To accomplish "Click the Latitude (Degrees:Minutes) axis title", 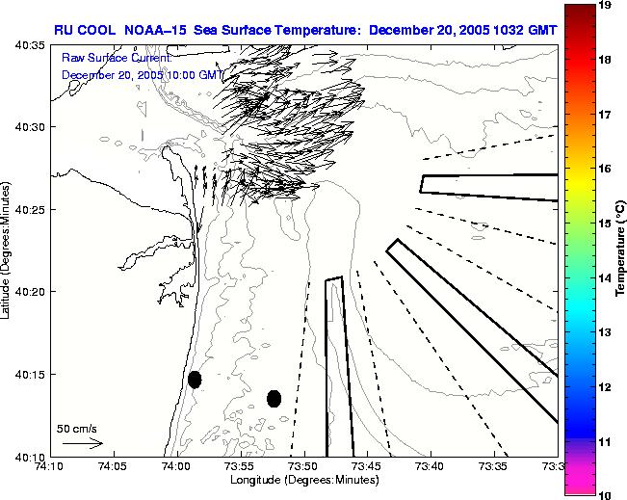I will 8,250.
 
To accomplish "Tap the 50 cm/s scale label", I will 77,428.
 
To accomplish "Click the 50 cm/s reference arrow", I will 82,443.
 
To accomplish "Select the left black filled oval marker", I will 195,380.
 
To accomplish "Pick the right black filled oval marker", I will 274,398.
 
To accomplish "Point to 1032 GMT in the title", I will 526,29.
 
